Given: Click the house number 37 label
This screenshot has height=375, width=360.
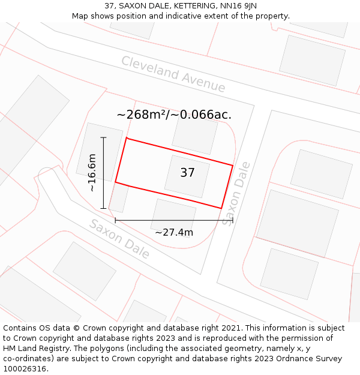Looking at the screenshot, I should click(x=187, y=173).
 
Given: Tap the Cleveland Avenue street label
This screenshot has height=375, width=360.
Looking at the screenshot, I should click(x=173, y=74).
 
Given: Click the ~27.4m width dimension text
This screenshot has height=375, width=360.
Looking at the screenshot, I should click(x=174, y=232).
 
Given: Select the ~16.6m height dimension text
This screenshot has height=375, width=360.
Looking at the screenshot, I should click(x=92, y=173).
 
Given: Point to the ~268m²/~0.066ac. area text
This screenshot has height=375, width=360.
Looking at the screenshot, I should click(x=174, y=115).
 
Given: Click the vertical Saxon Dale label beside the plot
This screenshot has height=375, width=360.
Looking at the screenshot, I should click(x=235, y=193).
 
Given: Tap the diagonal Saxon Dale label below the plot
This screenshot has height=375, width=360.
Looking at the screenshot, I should click(x=119, y=239).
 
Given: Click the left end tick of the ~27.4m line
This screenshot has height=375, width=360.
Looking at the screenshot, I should click(x=115, y=220).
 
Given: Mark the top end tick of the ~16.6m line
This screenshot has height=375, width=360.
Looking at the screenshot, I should click(x=104, y=137).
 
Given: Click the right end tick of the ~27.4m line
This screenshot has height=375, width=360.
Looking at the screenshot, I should click(x=233, y=220).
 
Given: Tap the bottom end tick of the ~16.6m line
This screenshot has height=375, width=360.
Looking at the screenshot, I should click(x=104, y=208).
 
